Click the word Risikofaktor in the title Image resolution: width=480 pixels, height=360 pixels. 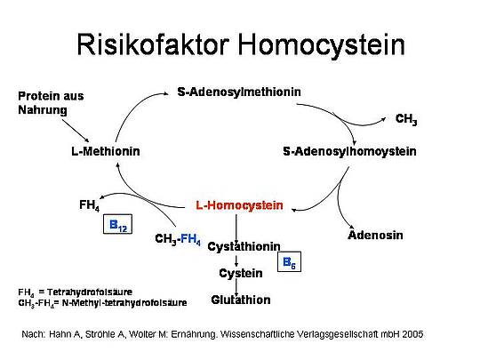point(153,44)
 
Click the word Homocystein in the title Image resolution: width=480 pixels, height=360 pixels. point(322,46)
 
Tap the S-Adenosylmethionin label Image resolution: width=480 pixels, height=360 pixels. point(239,92)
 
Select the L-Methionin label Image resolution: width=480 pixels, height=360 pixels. point(106,151)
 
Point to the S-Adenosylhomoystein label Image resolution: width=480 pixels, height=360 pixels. point(349,151)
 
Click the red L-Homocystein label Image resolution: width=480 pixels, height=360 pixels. point(239,205)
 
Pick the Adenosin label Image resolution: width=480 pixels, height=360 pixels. point(375,235)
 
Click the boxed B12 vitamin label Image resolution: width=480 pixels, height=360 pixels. point(118,224)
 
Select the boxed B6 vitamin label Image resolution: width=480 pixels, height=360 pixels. point(289,261)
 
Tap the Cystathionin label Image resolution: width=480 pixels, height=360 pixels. point(244,246)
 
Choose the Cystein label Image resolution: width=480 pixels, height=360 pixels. point(241,273)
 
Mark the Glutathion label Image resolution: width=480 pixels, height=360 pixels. point(241,300)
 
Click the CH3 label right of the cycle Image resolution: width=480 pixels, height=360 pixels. point(406,119)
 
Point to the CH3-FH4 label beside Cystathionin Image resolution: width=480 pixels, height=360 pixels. point(178,239)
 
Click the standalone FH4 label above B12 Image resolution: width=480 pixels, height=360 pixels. point(90,205)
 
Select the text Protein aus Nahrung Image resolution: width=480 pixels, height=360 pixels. point(51,103)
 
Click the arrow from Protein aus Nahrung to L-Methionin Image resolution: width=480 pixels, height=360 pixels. point(76,131)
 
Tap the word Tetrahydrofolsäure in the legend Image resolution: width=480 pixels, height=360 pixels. point(90,292)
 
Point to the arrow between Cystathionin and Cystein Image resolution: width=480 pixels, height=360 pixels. point(236,260)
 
